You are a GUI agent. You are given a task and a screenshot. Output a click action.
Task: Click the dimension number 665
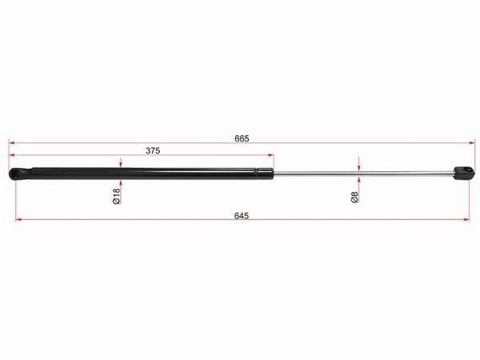pyautogui.click(x=242, y=138)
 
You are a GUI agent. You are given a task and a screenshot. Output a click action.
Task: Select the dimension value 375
pyautogui.click(x=153, y=150)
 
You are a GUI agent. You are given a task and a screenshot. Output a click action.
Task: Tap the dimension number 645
pyautogui.click(x=242, y=216)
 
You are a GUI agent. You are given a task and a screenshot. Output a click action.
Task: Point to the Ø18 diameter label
pyautogui.click(x=116, y=196)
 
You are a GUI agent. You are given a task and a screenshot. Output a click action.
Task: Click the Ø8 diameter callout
pyautogui.click(x=354, y=197)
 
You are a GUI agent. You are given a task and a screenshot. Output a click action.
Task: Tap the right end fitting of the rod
pyautogui.click(x=464, y=173)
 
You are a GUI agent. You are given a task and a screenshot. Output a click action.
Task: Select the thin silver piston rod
pyautogui.click(x=363, y=174)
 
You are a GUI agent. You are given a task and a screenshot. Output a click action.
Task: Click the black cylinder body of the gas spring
pyautogui.click(x=144, y=174)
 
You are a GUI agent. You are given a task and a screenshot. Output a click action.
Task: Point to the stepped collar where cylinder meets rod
pyautogui.click(x=265, y=174)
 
